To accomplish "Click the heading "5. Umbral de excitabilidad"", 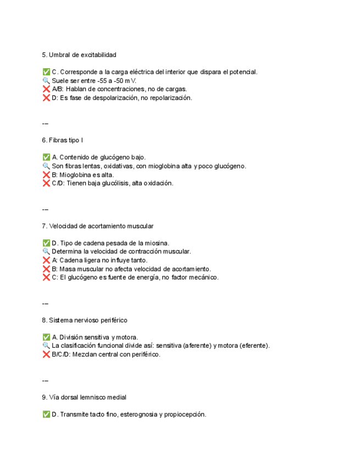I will point(79,55).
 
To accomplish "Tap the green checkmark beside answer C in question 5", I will point(46,72).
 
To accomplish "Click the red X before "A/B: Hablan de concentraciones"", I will point(46,89).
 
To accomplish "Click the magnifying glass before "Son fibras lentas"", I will point(46,166).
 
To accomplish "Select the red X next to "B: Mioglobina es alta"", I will point(46,175).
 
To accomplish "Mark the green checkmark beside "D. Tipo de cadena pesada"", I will point(46,243).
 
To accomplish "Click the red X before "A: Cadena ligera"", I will point(46,260).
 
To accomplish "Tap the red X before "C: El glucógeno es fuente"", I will point(46,277).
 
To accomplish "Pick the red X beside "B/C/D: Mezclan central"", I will point(46,354).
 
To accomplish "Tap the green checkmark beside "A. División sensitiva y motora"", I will point(46,337).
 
